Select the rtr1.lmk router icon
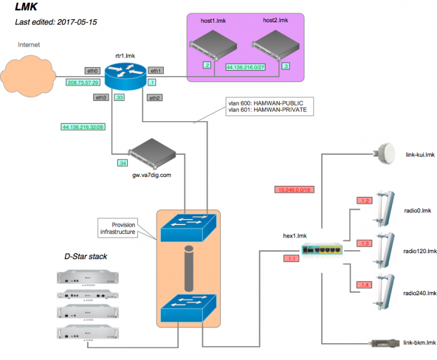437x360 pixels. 125,74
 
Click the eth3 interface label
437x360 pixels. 101,97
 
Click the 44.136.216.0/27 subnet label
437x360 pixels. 246,67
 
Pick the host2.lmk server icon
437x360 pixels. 274,47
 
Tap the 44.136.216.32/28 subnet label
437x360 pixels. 83,127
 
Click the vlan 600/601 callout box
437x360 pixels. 268,106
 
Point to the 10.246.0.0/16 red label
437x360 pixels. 294,190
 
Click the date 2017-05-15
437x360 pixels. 78,22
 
